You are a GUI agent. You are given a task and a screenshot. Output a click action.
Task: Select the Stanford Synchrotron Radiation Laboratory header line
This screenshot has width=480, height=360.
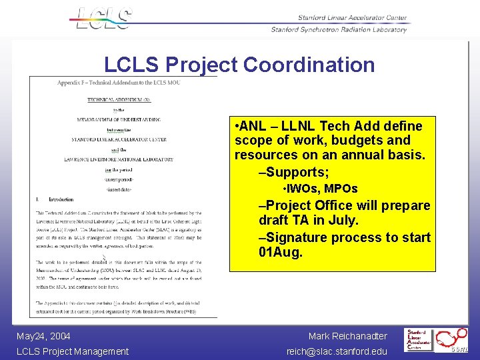click(x=339, y=29)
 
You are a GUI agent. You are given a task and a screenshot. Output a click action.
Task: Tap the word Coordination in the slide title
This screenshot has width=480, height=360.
click(x=309, y=65)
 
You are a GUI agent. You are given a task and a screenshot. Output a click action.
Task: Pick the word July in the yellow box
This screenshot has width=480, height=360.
click(x=341, y=220)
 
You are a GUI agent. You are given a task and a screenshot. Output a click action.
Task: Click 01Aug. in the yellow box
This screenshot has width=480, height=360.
click(x=281, y=253)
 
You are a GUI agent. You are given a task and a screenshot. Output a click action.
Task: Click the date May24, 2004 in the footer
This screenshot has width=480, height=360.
click(x=43, y=336)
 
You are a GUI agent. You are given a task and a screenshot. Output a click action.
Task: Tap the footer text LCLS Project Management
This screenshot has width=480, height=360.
click(x=72, y=351)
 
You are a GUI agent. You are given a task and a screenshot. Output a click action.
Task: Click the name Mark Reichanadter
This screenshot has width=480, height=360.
click(x=347, y=336)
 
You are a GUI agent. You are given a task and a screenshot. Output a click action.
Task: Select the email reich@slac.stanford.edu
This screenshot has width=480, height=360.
click(x=337, y=351)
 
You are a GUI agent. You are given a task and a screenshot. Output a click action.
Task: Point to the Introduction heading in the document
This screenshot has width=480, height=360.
click(x=61, y=199)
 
